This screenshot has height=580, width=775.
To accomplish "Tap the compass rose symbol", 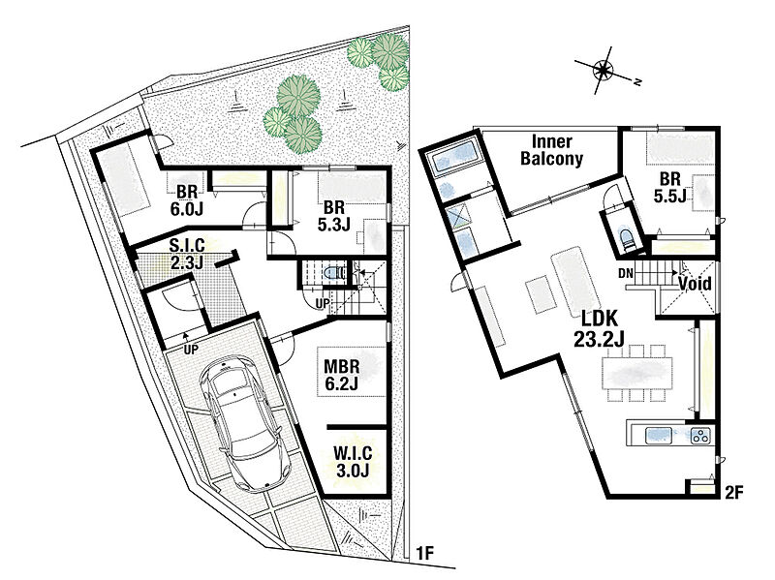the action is coord(604,70).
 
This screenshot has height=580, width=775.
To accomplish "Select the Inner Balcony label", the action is coord(551,150).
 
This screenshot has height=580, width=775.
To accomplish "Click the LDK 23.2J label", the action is coord(600,329).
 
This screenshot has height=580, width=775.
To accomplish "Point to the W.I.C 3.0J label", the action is coord(353,462).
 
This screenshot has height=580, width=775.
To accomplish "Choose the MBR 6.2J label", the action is coord(341,375).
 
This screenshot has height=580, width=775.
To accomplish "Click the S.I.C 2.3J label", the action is coord(187,254).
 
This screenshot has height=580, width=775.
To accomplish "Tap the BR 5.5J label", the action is coord(669,187).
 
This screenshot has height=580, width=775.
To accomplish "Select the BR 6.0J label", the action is coord(187,200).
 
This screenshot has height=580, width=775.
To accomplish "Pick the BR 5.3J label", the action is coord(333,216).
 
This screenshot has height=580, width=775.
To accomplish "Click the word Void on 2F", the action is coord(695,284).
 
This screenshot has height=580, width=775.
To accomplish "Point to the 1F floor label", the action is coord(424,553).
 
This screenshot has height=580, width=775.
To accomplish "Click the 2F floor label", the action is coord(734,493).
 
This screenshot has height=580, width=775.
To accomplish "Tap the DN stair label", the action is coord(625,273).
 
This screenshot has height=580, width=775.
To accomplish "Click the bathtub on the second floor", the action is coord(454,157).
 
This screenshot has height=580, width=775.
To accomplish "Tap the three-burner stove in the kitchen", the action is coord(700,436).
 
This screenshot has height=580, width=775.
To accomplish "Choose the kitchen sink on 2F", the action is coord(659,436).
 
